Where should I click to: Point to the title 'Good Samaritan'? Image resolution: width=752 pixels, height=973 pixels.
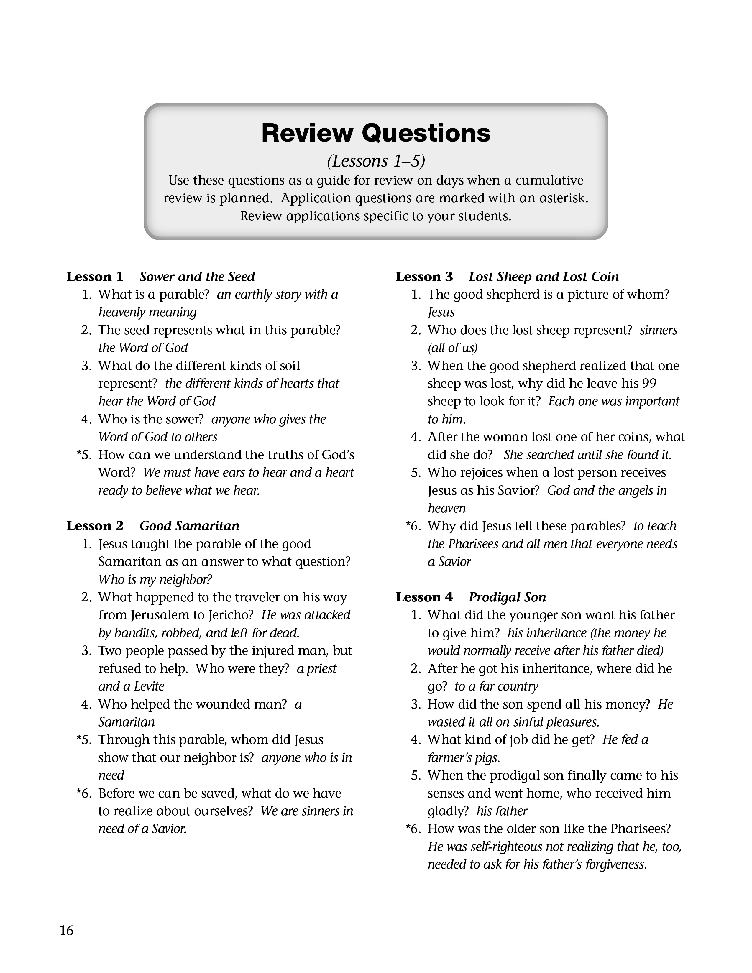[x=189, y=526]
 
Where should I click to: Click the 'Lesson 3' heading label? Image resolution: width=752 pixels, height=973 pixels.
[x=424, y=277]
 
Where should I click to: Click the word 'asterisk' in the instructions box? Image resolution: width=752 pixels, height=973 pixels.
[x=563, y=198]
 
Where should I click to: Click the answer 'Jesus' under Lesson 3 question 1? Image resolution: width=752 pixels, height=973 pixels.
[x=441, y=312]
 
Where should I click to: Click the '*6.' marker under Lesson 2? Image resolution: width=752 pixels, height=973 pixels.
[x=84, y=793]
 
